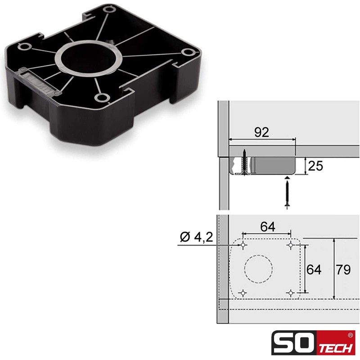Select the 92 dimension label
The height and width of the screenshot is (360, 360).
261,132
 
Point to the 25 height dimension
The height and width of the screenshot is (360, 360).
316,166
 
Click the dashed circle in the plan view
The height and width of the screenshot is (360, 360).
258,269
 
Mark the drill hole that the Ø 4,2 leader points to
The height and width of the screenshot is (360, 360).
243,245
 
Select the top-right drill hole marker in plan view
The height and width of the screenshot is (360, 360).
290,245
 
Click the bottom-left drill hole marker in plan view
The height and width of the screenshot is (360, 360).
243,292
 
